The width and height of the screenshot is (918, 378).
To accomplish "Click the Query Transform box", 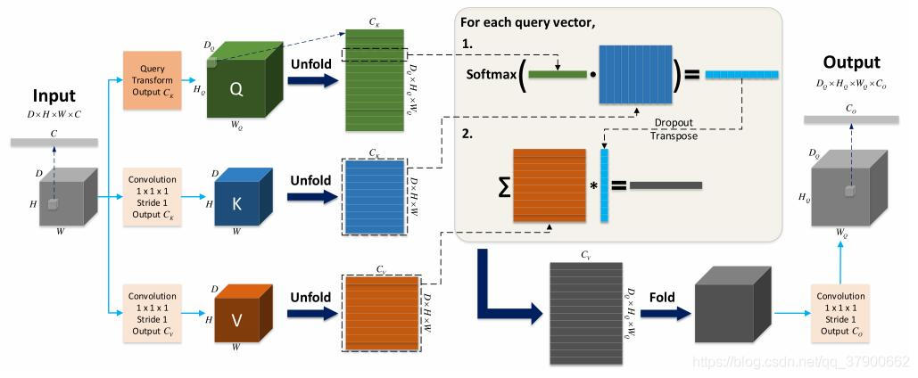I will click(x=151, y=76).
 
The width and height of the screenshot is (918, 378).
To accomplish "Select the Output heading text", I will click(x=851, y=62).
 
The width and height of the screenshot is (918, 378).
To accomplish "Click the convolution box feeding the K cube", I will click(x=152, y=197).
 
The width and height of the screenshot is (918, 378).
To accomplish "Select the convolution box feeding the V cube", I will click(x=152, y=313).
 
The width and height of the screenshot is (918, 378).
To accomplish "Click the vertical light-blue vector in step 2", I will click(x=604, y=185).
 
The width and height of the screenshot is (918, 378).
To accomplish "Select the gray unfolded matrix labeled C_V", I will click(x=585, y=312).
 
